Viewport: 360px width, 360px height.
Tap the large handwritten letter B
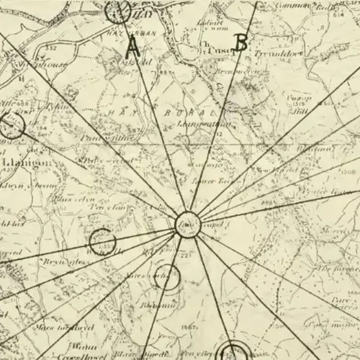[241, 44]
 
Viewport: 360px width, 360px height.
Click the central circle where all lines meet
[187, 221]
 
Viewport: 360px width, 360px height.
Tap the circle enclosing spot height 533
[102, 242]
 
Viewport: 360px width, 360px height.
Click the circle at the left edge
[11, 127]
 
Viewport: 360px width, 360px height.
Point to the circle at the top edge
[117, 10]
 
